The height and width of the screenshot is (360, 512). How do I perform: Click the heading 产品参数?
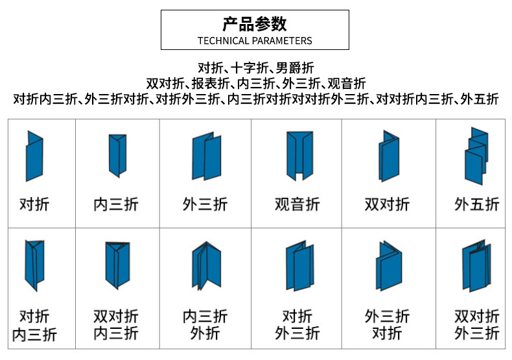[x=255, y=24]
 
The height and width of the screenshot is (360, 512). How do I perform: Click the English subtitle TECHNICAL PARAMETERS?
[x=255, y=40]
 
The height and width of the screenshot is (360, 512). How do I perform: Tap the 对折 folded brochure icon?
[x=34, y=156]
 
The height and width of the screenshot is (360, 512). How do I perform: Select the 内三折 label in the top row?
[x=116, y=205]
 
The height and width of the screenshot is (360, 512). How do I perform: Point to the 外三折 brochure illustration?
[x=206, y=156]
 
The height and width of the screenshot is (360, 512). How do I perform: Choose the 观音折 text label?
[x=297, y=205]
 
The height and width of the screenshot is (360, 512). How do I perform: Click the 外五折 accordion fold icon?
[x=476, y=154]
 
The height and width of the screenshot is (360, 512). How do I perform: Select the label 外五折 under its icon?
[x=476, y=205]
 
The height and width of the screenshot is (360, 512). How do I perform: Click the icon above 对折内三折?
[x=35, y=265]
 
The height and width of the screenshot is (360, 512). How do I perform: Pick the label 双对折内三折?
[x=116, y=325]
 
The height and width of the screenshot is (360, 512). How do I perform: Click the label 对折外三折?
[x=297, y=325]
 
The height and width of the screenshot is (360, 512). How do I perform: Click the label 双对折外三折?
[x=476, y=325]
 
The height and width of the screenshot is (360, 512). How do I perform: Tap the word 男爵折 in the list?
[x=295, y=67]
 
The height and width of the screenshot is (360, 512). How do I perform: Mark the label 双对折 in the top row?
[x=388, y=205]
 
